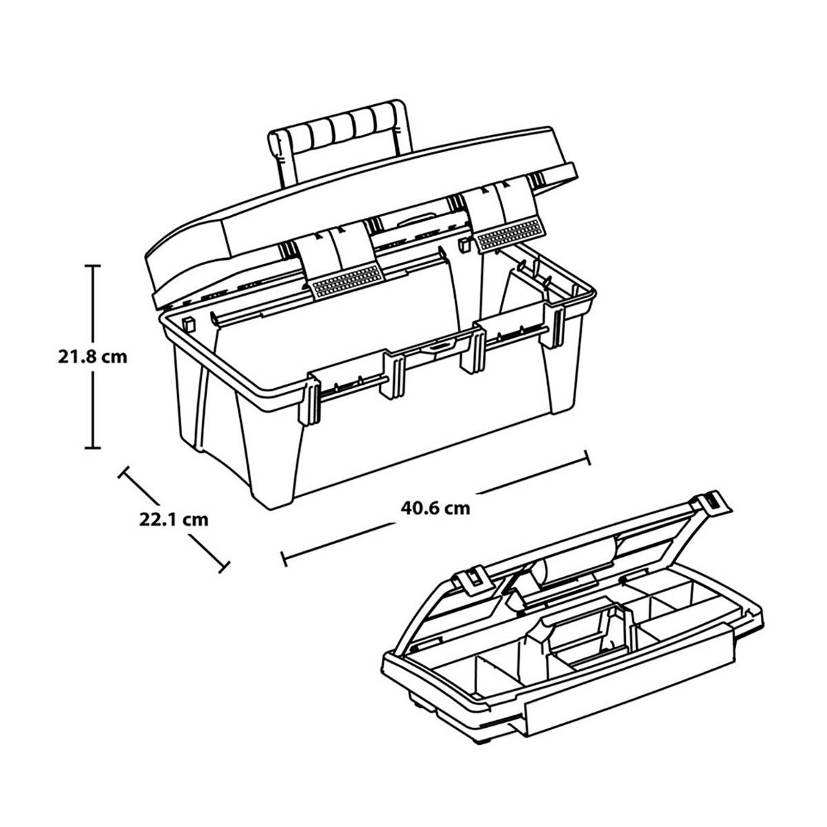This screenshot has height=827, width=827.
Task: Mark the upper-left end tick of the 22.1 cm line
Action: [125, 472]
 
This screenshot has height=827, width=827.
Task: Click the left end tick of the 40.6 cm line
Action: [283, 558]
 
